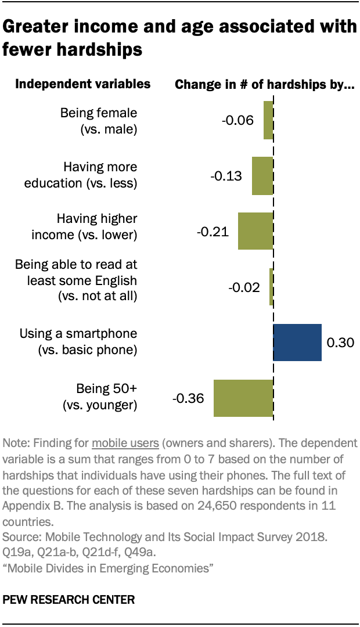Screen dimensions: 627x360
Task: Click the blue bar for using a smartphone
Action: (297, 342)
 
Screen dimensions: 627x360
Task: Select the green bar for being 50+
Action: (243, 398)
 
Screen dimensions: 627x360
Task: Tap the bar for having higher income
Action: (255, 231)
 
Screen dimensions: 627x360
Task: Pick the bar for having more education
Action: (262, 175)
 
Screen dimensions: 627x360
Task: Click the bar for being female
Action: (268, 120)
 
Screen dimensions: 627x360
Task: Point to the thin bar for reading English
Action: (271, 287)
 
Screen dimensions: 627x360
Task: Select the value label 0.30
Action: (339, 343)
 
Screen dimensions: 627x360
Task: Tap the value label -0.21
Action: (213, 232)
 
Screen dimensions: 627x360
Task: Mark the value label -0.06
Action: (238, 121)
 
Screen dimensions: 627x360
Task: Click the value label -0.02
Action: (244, 287)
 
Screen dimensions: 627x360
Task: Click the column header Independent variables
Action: (82, 84)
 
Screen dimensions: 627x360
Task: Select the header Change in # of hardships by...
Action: (265, 85)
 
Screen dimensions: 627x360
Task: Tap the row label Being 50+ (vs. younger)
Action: (100, 397)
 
